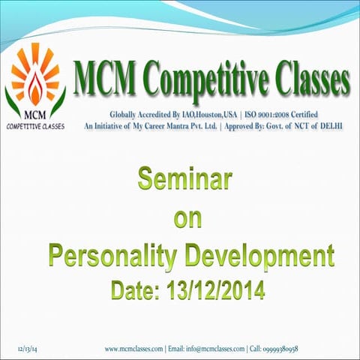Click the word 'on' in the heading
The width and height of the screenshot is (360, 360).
[x=184, y=219]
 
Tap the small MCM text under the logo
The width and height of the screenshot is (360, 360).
[x=35, y=116]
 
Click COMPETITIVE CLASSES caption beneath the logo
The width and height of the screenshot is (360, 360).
[x=35, y=127]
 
